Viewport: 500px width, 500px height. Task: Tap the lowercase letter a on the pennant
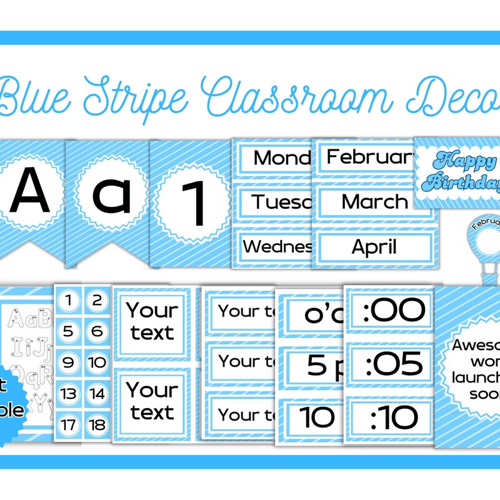[x=112, y=193]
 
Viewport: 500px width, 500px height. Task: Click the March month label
[x=375, y=201]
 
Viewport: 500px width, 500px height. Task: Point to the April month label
[x=375, y=246]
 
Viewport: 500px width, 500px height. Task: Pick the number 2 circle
[x=97, y=302]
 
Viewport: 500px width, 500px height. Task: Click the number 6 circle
[x=97, y=331]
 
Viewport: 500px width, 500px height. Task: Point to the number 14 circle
[x=97, y=394]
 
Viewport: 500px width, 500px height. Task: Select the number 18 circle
[x=97, y=425]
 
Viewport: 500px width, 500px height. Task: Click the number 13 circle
[x=69, y=394]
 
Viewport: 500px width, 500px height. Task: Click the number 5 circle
[x=69, y=331]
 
